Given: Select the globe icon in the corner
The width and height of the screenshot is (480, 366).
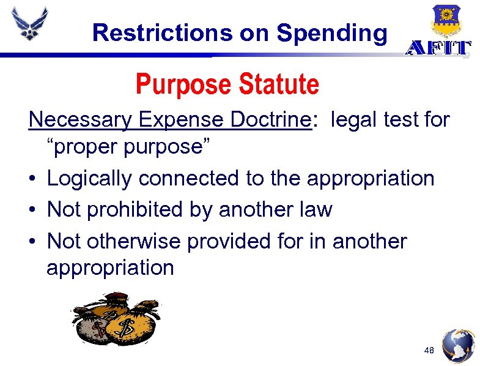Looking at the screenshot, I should click(458, 346).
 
